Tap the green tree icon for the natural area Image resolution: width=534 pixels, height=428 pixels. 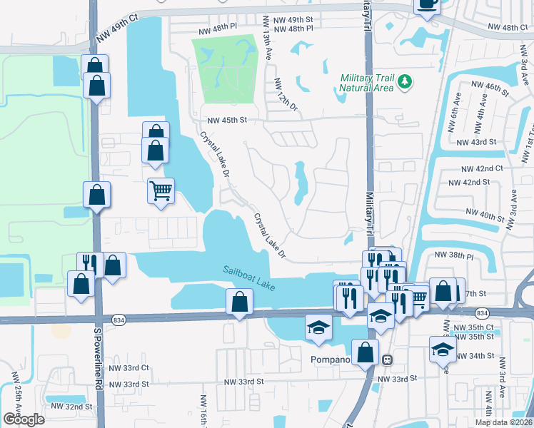[405, 83]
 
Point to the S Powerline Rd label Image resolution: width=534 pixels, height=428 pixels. [99, 359]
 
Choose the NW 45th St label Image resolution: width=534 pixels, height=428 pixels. [226, 121]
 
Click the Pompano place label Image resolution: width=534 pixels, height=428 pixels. [330, 360]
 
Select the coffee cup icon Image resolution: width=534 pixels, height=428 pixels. [428, 4]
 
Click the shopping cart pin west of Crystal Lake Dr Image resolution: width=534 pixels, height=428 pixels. [161, 190]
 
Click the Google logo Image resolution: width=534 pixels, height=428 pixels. [24, 419]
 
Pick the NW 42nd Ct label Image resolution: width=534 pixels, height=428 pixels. [482, 168]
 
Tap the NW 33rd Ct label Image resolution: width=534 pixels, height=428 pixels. [125, 368]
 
